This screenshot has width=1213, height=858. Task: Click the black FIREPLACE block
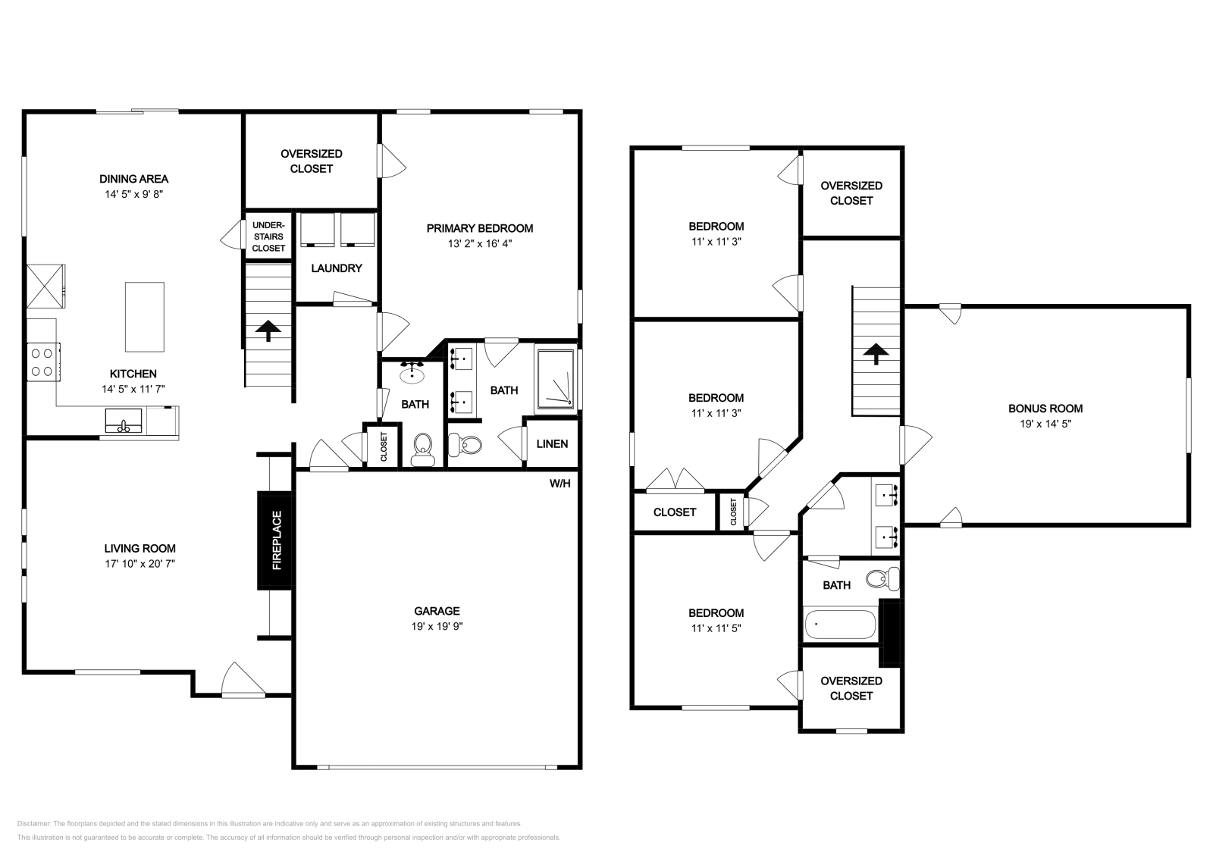click(274, 540)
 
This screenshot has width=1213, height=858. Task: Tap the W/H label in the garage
click(559, 484)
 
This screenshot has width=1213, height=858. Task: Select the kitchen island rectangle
click(144, 317)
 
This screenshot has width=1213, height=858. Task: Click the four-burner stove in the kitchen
click(44, 362)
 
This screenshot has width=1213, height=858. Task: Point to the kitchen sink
click(123, 421)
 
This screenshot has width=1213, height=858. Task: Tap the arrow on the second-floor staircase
click(876, 353)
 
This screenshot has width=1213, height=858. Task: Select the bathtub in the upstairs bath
click(839, 626)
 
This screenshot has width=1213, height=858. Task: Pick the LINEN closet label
click(552, 444)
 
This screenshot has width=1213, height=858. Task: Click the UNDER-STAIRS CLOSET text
click(268, 236)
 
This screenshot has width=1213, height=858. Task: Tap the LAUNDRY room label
click(336, 268)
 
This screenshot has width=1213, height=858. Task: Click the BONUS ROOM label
click(1045, 409)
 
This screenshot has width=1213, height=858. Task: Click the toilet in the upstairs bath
click(882, 580)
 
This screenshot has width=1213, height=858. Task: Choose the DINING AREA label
click(133, 179)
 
